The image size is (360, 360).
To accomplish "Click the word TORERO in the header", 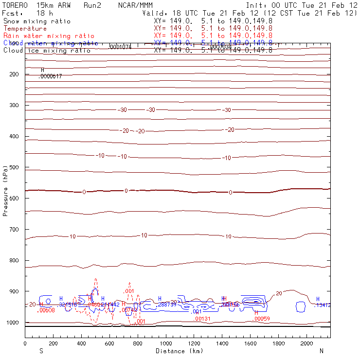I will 15,5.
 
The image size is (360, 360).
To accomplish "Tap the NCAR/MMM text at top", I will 135,5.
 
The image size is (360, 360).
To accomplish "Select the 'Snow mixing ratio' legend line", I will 37,21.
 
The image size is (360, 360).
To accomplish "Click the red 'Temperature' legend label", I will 25,29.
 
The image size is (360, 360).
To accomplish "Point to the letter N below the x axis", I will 322,351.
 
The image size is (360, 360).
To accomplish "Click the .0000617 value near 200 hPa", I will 50,76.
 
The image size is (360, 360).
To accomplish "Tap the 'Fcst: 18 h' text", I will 27,13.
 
